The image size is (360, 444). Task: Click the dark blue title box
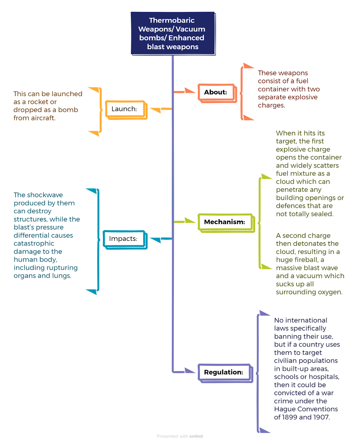(173, 33)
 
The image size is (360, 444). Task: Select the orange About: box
(217, 93)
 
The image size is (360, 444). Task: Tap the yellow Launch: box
(126, 110)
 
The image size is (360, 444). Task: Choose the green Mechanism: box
(226, 223)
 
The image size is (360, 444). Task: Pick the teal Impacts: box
(125, 239)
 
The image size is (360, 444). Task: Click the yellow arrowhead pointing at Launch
(155, 110)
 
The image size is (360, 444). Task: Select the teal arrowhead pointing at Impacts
(155, 240)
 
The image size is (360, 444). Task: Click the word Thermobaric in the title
(172, 20)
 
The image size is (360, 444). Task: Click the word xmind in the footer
(196, 436)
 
